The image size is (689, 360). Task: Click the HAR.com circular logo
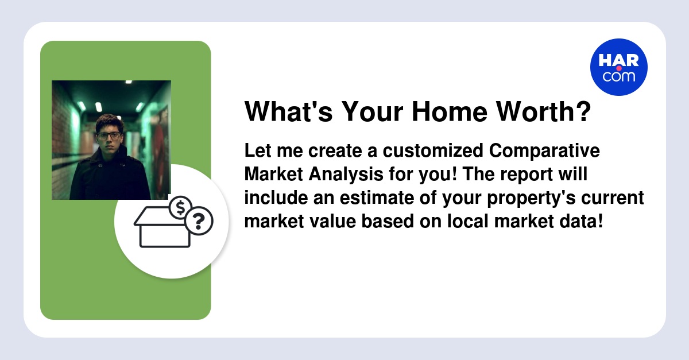coord(618,67)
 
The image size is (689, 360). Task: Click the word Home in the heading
coord(450,111)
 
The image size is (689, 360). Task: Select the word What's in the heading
coord(288,111)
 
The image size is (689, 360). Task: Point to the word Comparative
coord(544,151)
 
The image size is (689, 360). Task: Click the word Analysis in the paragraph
coord(346,174)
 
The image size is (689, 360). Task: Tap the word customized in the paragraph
coord(433,151)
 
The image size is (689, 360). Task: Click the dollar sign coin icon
coord(180,207)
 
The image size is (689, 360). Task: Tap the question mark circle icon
coord(199,220)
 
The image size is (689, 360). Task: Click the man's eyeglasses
coord(109,135)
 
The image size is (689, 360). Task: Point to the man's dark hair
coord(110,122)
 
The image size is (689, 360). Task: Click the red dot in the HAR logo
coord(619,68)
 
